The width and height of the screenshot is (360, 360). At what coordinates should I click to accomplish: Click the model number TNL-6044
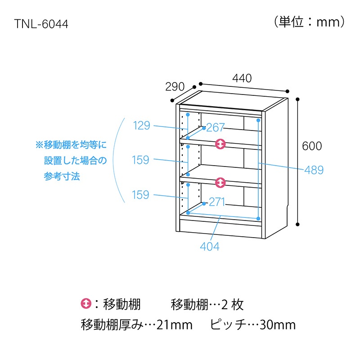pos(41,24)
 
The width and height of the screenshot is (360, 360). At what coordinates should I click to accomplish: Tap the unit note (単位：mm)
pos(310,22)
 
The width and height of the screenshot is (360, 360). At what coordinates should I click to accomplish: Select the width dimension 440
pos(242,78)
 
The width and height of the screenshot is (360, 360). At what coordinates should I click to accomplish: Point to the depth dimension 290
pos(175,86)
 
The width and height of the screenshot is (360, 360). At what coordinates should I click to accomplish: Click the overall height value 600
pos(312,146)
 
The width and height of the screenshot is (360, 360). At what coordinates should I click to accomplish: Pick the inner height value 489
pos(314,170)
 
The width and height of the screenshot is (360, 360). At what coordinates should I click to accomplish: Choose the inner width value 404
pos(210,247)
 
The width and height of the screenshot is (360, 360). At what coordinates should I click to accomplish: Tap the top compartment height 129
pos(141,126)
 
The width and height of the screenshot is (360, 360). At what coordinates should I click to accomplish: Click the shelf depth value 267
pos(215,128)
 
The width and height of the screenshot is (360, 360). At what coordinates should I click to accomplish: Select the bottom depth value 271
pos(216,202)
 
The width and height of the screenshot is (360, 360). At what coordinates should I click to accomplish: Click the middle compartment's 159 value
pos(140,160)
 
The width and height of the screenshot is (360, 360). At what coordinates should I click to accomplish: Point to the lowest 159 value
pos(140,195)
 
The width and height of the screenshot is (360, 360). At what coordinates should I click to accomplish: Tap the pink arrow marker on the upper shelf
pos(220,144)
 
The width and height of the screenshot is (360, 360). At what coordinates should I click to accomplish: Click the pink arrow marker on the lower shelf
pos(220,183)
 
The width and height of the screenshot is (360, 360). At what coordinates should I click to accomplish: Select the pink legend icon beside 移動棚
pos(86,303)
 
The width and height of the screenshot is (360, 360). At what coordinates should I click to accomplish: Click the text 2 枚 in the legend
pos(232,305)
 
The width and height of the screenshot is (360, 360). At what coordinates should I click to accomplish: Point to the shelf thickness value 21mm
pos(175,325)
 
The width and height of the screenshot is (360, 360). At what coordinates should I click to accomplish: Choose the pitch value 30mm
pos(278,325)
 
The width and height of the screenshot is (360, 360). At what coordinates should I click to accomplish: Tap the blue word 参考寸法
pos(62,176)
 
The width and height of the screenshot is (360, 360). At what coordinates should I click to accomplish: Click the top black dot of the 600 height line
pos(297,99)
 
